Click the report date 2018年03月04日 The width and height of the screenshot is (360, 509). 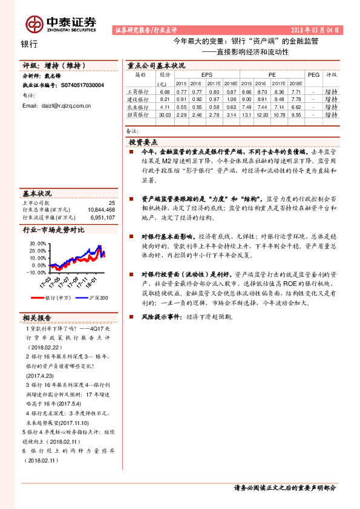click(x=316, y=30)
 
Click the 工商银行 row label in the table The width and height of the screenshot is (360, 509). click(x=138, y=91)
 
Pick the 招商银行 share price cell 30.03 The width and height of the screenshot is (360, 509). click(x=163, y=114)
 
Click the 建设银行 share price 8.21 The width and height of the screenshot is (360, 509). click(x=163, y=99)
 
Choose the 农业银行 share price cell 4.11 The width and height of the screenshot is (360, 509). click(x=163, y=106)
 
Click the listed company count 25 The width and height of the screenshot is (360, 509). click(x=111, y=203)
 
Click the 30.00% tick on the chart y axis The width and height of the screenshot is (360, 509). click(x=38, y=243)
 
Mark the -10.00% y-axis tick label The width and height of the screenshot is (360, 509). click(x=36, y=272)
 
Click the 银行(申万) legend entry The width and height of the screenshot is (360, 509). click(x=58, y=298)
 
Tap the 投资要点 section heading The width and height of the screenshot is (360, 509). click(x=143, y=141)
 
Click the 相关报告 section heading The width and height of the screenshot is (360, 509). click(x=37, y=318)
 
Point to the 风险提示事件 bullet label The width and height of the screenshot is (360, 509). click(x=160, y=316)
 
